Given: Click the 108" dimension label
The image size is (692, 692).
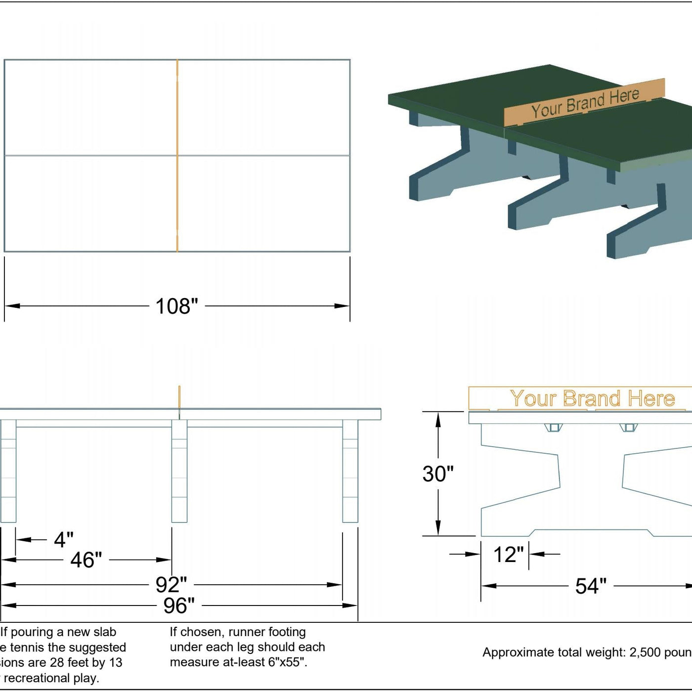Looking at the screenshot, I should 176,306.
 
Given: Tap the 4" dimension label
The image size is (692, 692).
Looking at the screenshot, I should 64,540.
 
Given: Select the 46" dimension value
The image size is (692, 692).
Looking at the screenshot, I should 86,560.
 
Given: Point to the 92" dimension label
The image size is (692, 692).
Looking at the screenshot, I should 171,585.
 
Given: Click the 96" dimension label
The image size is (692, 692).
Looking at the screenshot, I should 179,605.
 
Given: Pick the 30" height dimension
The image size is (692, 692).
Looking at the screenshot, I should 438,474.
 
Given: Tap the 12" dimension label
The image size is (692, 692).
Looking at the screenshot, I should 508,555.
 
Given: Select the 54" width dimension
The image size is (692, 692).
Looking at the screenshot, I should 591,586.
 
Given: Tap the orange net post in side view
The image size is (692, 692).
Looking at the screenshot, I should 179,398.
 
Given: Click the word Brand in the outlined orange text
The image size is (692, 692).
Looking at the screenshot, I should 592,398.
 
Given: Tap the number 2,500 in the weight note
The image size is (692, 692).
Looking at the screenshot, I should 644,652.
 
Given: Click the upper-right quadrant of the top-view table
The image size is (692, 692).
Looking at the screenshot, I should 263,108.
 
